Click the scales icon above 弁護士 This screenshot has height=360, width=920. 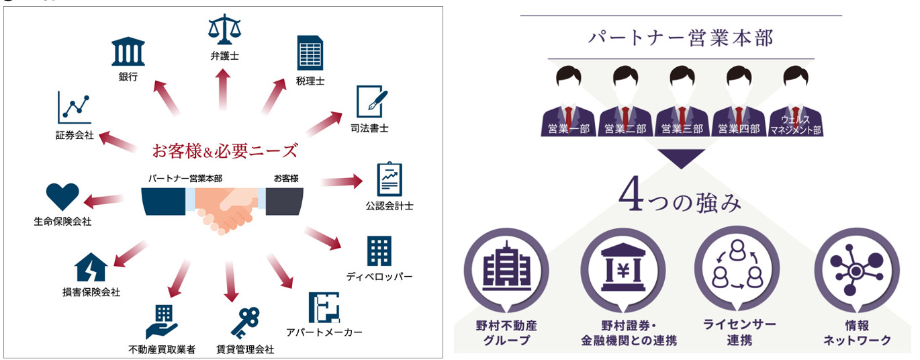click(224, 30)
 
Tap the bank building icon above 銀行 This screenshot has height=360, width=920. click(127, 52)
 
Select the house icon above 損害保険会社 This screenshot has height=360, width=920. click(91, 269)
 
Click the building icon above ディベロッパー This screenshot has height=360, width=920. click(379, 251)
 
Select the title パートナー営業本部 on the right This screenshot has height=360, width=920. click(680, 38)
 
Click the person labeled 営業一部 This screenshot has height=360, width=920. click(567, 101)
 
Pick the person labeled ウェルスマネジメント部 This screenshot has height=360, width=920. click(796, 101)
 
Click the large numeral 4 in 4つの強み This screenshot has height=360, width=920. click(631, 200)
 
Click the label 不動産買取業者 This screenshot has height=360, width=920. click(162, 350)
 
